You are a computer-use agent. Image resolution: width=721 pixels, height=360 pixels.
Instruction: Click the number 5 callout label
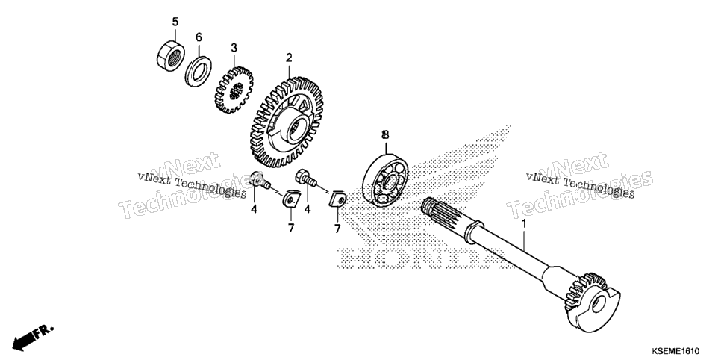175,22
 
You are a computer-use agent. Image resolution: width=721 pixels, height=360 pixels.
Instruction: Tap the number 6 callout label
199,37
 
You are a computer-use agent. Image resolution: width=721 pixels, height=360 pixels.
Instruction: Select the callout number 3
234,47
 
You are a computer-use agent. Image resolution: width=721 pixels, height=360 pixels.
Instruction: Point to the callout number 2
289,58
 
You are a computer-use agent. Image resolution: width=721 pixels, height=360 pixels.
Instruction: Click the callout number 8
385,134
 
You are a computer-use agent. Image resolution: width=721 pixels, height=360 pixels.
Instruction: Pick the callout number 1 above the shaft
522,224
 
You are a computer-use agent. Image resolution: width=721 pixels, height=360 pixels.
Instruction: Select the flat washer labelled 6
199,70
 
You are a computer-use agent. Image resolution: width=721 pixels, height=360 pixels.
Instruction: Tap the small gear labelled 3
234,90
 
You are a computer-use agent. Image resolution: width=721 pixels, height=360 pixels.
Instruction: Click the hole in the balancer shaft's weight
599,303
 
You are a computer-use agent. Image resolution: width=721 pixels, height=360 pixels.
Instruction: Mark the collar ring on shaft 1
474,230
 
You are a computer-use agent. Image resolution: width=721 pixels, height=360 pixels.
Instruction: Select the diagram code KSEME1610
675,351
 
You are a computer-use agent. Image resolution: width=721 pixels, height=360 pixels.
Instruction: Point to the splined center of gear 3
235,91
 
